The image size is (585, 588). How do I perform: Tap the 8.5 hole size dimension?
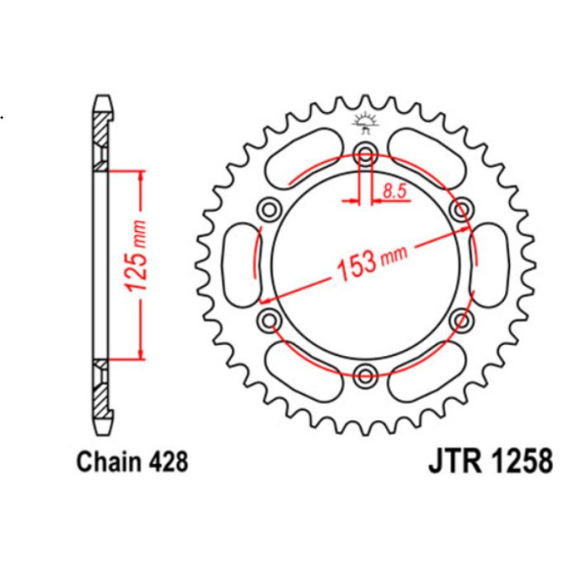(394, 192)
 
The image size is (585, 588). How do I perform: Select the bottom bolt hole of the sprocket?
(366, 373)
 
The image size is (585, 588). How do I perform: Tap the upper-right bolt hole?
(461, 208)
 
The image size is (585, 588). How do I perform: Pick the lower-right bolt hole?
(461, 319)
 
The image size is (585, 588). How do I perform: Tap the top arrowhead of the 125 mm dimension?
(142, 176)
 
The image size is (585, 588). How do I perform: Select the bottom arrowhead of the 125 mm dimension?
(142, 353)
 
